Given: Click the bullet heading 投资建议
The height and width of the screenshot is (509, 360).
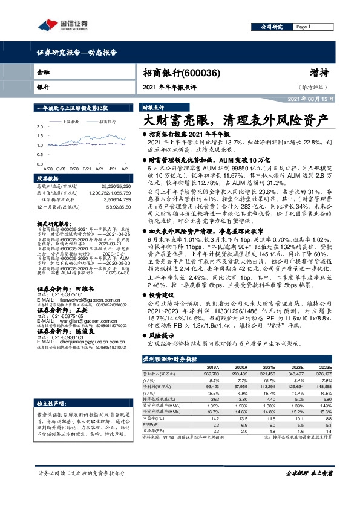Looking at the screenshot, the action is [159, 295].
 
